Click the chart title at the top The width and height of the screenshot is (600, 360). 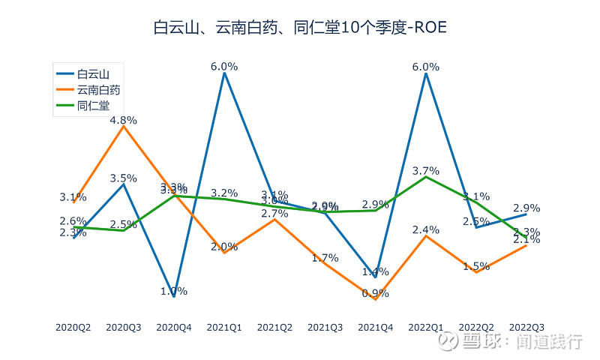pyautogui.click(x=299, y=28)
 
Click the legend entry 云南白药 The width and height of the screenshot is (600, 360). pyautogui.click(x=98, y=90)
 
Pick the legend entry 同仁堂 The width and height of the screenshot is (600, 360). pyautogui.click(x=93, y=106)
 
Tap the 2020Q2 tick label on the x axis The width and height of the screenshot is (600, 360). pyautogui.click(x=73, y=327)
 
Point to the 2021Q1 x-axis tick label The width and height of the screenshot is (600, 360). pyautogui.click(x=224, y=327)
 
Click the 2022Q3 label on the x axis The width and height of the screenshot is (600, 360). pyautogui.click(x=526, y=327)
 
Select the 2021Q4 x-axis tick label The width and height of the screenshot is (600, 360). pyautogui.click(x=376, y=327)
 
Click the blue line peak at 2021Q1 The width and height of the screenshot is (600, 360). pyautogui.click(x=224, y=73)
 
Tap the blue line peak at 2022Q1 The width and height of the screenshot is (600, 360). pyautogui.click(x=426, y=73)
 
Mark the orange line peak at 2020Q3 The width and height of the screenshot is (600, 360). pyautogui.click(x=124, y=126)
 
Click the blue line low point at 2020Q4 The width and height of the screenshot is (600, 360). pyautogui.click(x=174, y=296)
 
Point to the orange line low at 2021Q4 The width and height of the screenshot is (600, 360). pyautogui.click(x=376, y=299)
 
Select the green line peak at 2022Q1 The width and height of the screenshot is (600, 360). pyautogui.click(x=426, y=177)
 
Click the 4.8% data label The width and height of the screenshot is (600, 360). pyautogui.click(x=124, y=120)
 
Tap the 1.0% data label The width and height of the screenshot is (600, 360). pyautogui.click(x=174, y=291)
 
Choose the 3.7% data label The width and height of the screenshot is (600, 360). pyautogui.click(x=426, y=171)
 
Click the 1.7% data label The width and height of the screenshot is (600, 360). pyautogui.click(x=325, y=258)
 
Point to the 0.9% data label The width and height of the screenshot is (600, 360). pyautogui.click(x=376, y=293)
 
